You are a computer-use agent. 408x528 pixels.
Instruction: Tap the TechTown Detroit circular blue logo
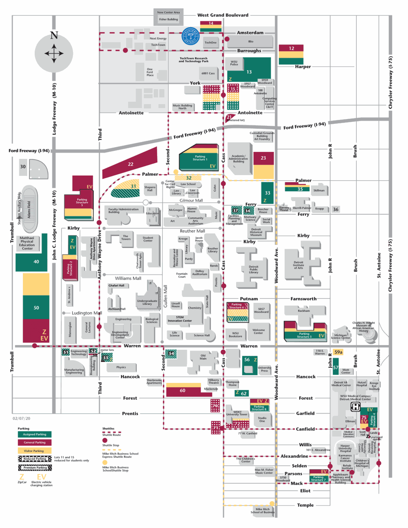[x=190, y=36]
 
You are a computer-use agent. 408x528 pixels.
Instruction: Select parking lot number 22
[x=130, y=164]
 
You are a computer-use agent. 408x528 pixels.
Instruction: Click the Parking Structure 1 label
[x=200, y=158]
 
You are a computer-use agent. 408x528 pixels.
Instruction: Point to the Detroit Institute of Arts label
[x=298, y=265]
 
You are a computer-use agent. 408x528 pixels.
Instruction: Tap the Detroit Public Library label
[x=253, y=269]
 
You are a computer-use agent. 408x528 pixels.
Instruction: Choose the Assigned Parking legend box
[x=34, y=434]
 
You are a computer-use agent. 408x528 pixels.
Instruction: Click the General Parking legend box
[x=34, y=442]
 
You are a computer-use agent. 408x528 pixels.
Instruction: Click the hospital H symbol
[x=356, y=407]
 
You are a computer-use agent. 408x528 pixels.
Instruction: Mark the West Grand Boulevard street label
[x=223, y=15]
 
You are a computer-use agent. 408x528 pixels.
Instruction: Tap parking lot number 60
[x=183, y=391]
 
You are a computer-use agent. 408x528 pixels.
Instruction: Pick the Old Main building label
[x=203, y=357]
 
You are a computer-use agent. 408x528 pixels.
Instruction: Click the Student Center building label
[x=148, y=239]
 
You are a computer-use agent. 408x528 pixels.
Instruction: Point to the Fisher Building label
[x=168, y=19]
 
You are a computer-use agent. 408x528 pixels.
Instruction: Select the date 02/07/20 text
[x=21, y=419]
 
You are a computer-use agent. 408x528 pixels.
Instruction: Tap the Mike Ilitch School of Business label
[x=263, y=511]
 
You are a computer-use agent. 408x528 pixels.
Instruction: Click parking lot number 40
[x=36, y=262]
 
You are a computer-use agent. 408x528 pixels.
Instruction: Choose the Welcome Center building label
[x=258, y=332]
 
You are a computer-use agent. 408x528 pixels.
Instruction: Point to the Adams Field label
[x=29, y=209]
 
